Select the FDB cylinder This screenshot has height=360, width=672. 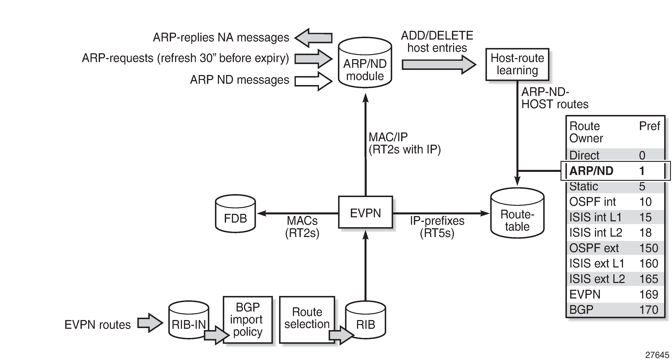[x=235, y=214]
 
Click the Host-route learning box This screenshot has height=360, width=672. [x=517, y=64]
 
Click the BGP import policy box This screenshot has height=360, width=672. [x=248, y=319]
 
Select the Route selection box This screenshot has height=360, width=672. [x=307, y=319]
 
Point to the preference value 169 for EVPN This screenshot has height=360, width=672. [x=649, y=294]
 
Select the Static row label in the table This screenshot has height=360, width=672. [x=584, y=186]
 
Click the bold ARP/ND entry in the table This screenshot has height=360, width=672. [x=591, y=171]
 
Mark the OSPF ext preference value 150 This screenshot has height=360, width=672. [x=649, y=248]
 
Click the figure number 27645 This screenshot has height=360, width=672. [x=657, y=355]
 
